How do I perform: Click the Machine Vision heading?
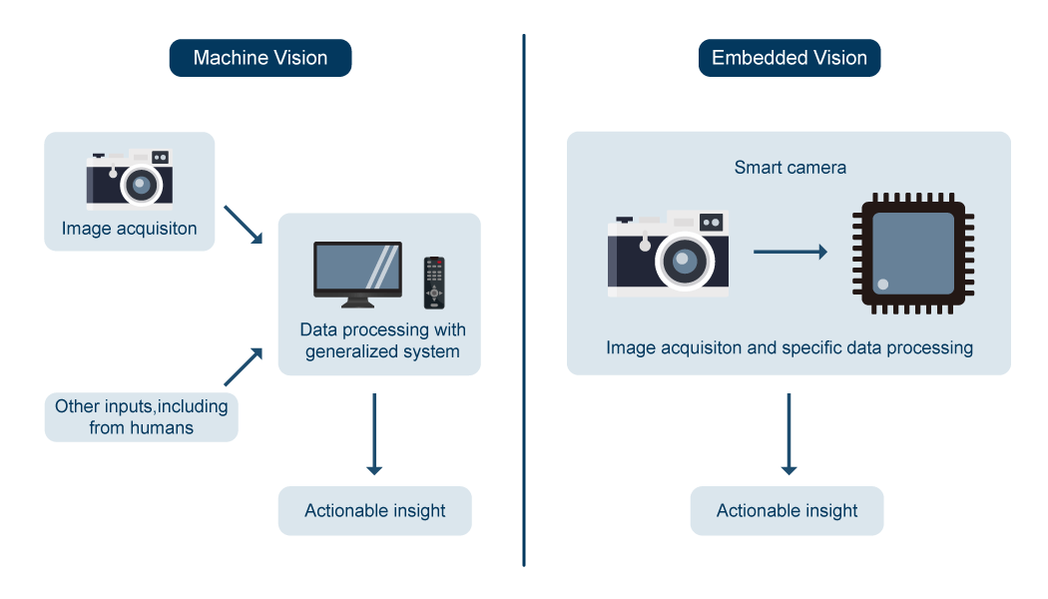(261, 58)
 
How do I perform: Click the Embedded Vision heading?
(788, 58)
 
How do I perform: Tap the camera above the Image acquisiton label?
(129, 181)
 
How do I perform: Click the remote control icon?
(433, 283)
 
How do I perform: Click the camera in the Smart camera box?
(669, 254)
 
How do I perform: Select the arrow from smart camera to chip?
(789, 253)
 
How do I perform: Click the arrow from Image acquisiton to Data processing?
(243, 224)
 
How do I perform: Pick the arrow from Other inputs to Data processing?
(243, 366)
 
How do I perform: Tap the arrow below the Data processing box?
(374, 434)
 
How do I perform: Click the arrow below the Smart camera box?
(788, 434)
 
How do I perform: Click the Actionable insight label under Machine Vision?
(374, 511)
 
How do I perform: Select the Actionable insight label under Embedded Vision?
(787, 511)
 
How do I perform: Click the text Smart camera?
(789, 167)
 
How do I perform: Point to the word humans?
(162, 428)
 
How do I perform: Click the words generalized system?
(382, 351)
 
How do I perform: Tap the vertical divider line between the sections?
(524, 299)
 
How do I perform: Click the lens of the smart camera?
(684, 263)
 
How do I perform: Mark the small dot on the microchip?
(882, 285)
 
